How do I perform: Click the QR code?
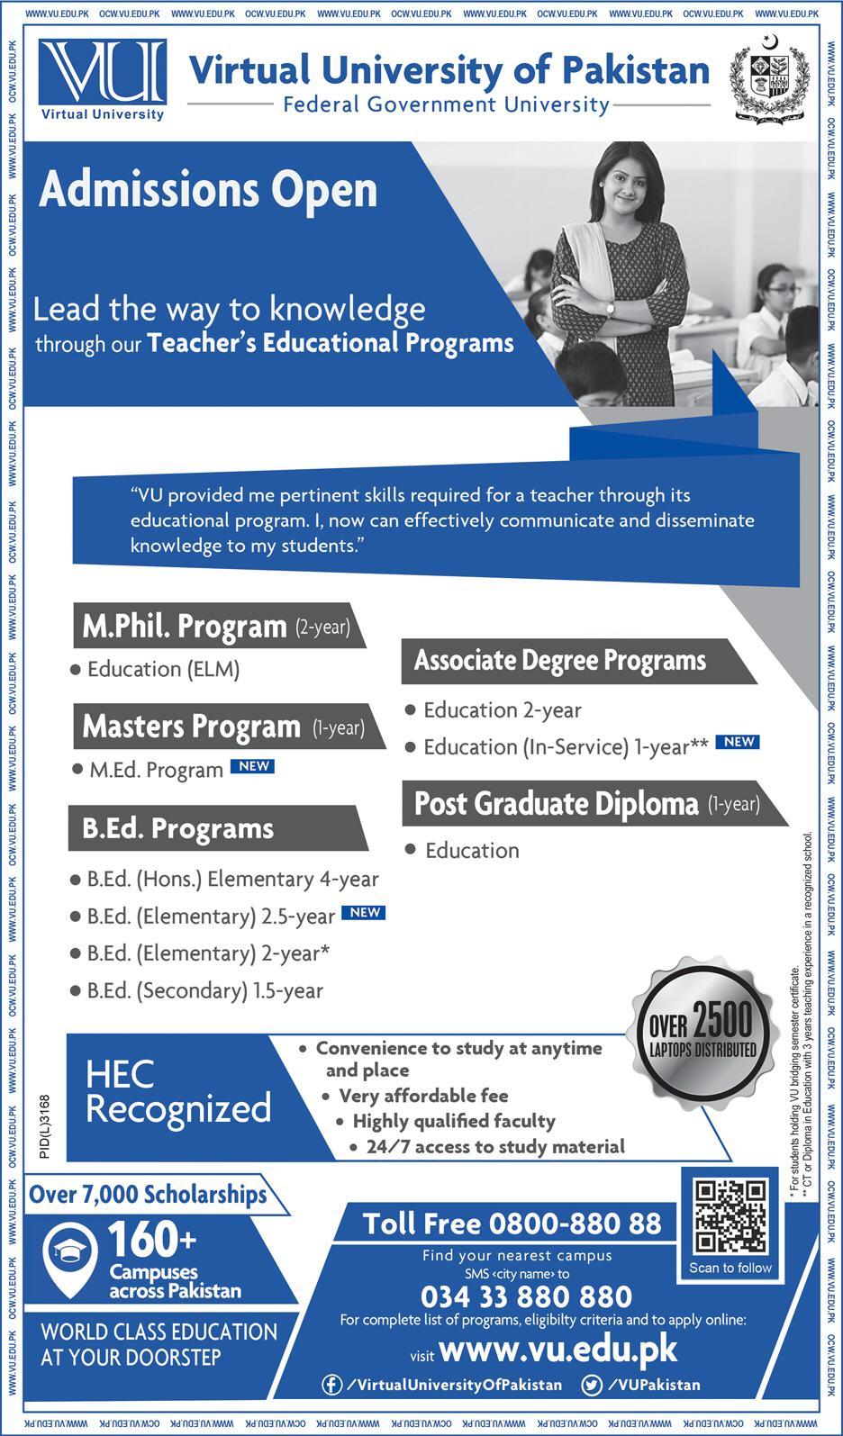tap(730, 1216)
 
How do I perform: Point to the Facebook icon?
tap(331, 1385)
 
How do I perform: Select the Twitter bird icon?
tap(592, 1385)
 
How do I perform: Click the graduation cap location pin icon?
tap(69, 1254)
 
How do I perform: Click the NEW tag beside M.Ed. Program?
tap(252, 766)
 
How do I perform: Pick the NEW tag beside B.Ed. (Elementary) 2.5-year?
tap(364, 912)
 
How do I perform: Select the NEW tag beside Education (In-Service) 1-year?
tap(738, 742)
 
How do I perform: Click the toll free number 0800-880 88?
tap(512, 1224)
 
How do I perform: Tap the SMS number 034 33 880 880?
tap(526, 1296)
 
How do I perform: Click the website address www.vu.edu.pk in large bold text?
tap(558, 1350)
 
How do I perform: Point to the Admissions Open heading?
tap(208, 190)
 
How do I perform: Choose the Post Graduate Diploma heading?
tap(556, 804)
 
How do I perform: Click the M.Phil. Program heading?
tap(185, 626)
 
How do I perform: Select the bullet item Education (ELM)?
tap(163, 669)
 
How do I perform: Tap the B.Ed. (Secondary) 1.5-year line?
tap(204, 990)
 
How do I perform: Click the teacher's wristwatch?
tap(611, 308)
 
